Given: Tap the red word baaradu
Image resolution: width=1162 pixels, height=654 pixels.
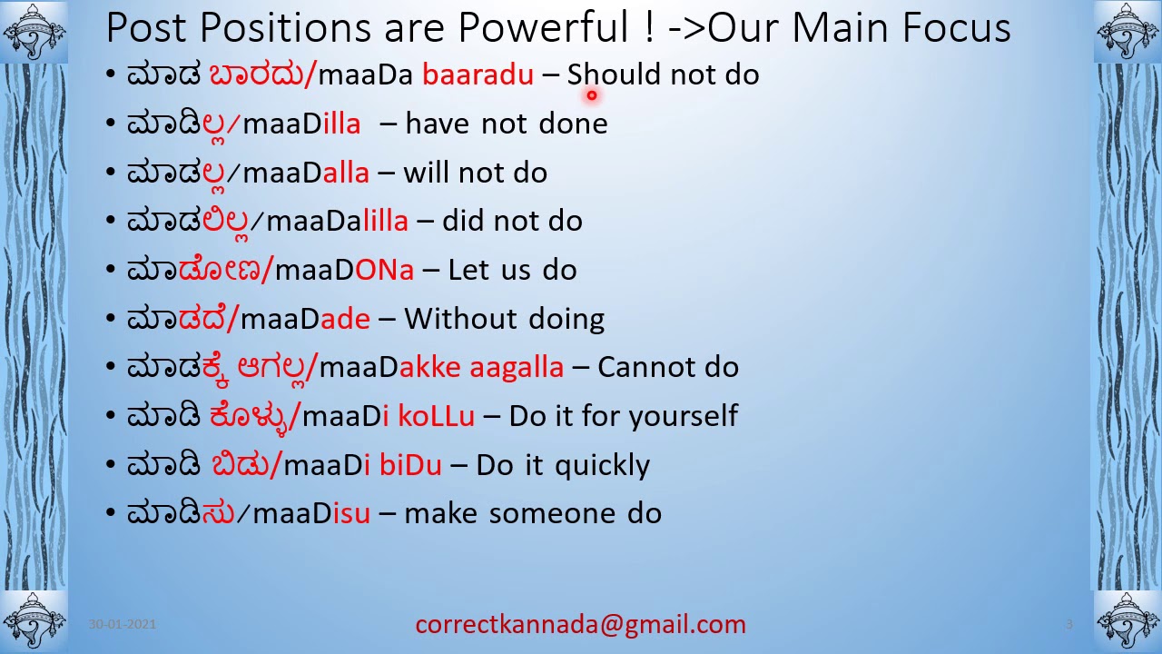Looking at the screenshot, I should coord(478,74).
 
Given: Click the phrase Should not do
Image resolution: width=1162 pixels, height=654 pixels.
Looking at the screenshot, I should coord(663,74).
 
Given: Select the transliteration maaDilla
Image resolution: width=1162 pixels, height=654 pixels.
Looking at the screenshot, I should coord(301,124).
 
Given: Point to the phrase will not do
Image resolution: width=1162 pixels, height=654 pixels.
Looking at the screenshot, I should coord(475,173).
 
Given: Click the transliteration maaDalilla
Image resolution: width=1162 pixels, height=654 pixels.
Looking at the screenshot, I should coord(337,221).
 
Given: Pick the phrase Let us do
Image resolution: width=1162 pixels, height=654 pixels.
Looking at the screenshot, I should coord(512,270).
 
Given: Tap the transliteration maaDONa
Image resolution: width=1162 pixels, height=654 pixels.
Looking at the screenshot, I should coord(344,270).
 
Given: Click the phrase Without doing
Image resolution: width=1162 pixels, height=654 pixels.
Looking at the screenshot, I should coord(504,319).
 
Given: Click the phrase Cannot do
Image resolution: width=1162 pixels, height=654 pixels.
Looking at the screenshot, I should coord(668,367).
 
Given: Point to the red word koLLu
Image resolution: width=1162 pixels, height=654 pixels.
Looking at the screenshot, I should coord(436,416).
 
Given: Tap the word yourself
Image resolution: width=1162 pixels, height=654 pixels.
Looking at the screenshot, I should coord(683,416).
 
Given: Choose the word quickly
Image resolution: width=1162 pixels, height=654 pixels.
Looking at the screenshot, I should coord(602,465).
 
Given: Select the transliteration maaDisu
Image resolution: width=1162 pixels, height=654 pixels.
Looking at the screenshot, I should coord(311,513).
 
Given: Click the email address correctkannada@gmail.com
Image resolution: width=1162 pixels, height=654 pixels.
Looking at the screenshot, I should coord(580,625).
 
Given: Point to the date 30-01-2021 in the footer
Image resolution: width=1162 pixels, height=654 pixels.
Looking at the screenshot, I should coord(123,624).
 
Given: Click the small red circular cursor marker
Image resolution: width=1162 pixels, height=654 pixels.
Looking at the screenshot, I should coord(591,94).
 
